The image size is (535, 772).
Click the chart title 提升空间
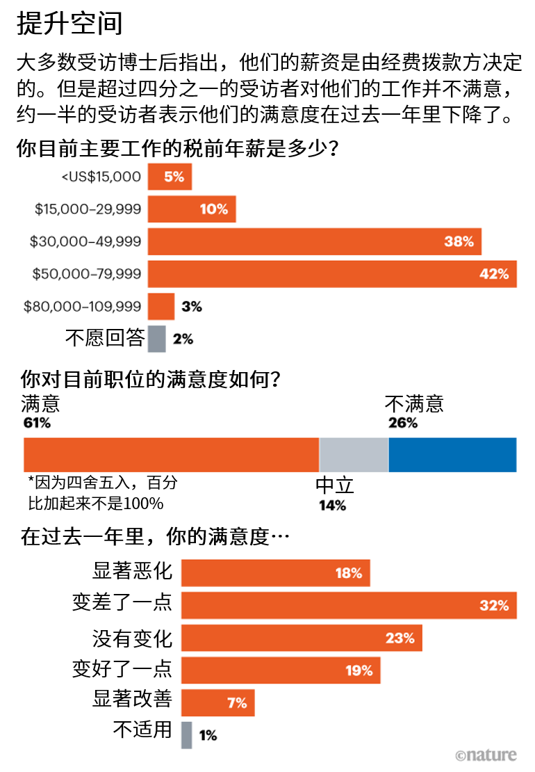point(69,23)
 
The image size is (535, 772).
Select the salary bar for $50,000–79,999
point(332,274)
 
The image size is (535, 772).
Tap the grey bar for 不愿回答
point(157,339)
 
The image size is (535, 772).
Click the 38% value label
point(459,241)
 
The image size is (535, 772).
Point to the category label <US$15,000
point(101,177)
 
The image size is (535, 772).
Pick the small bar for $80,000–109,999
point(161,306)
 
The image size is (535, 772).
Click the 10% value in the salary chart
point(214,209)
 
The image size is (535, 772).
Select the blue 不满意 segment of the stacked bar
point(452,455)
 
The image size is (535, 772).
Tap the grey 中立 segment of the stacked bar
point(354,455)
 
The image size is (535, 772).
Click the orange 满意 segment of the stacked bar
point(171,455)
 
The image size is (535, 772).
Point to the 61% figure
point(37,422)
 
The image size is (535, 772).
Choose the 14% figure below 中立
point(332,506)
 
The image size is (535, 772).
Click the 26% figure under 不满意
point(402,422)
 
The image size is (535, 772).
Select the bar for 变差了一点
point(349,605)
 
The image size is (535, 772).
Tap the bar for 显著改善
point(218,702)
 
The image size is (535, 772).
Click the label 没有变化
point(132,638)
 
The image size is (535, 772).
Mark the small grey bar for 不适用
point(186,735)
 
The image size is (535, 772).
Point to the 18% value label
point(349,573)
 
